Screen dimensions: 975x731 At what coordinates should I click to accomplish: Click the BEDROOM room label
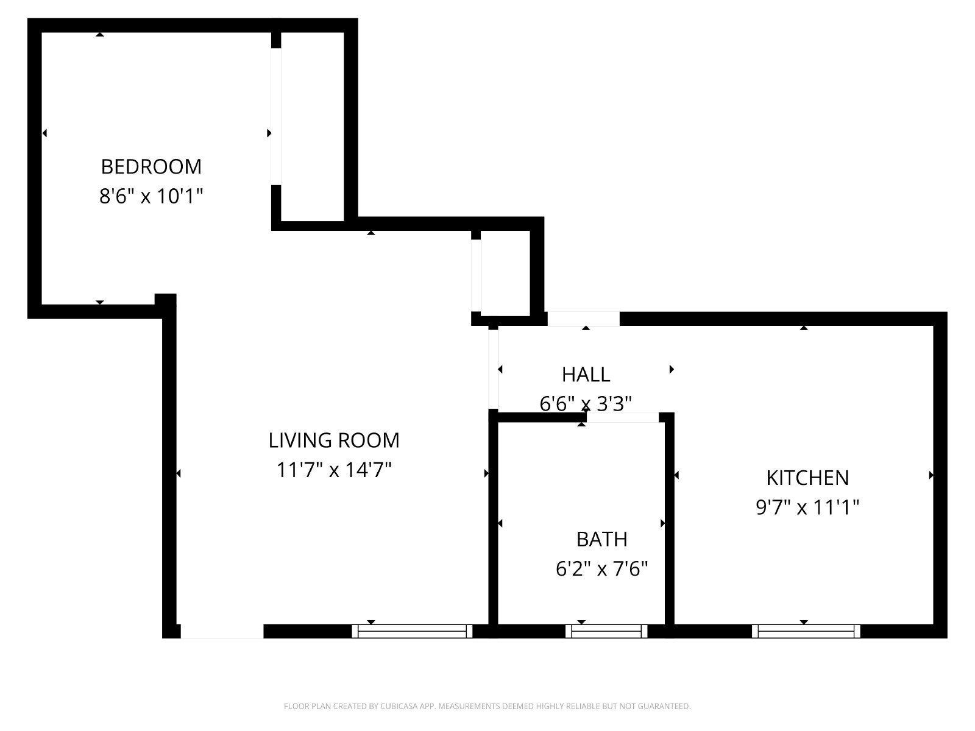(151, 167)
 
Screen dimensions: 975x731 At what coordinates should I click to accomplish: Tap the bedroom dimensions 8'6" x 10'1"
(151, 196)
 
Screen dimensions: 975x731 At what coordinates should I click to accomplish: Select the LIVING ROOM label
(334, 440)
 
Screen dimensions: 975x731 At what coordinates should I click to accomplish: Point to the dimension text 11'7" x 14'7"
(334, 470)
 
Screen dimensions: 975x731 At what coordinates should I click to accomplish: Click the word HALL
(586, 375)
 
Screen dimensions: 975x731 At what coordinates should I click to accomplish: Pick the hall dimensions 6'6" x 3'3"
(586, 403)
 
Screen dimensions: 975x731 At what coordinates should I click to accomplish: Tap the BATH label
(602, 539)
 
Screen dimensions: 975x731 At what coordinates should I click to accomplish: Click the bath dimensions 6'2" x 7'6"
(602, 568)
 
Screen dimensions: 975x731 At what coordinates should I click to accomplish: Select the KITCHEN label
(807, 478)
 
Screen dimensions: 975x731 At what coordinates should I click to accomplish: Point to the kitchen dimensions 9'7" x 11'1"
(807, 507)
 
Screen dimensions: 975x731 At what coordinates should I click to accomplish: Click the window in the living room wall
(412, 631)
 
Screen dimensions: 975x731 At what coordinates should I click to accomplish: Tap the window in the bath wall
(606, 631)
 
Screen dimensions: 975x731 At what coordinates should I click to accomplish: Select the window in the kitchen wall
(806, 631)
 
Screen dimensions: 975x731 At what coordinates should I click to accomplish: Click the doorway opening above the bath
(623, 417)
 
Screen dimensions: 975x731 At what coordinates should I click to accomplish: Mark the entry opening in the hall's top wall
(584, 319)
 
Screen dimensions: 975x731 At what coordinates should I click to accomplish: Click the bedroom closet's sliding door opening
(276, 116)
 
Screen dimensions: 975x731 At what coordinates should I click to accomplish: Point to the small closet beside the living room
(506, 274)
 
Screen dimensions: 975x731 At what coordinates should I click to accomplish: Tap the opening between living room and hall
(493, 369)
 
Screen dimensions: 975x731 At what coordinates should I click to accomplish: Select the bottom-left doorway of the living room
(222, 631)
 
